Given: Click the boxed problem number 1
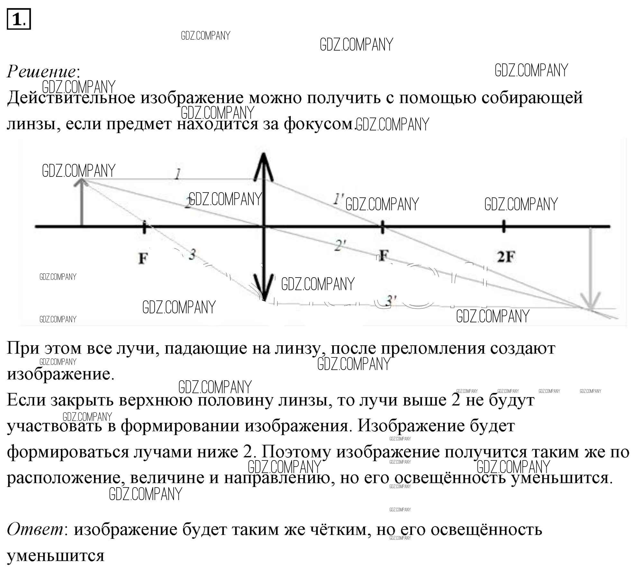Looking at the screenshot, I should tap(18, 19).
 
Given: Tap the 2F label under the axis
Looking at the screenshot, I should tap(505, 257).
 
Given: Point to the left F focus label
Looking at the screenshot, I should tap(143, 258).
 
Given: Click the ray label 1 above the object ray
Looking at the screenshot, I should tap(177, 174).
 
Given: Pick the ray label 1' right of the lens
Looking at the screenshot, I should tap(338, 199).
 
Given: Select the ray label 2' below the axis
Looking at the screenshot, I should tap(340, 246).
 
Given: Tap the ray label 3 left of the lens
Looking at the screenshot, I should tap(192, 254).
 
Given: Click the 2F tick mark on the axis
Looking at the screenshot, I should tap(504, 226).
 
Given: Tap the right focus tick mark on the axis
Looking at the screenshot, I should tap(382, 227).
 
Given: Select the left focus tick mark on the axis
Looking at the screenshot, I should tap(144, 227).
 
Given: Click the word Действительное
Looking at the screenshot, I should tap(71, 98).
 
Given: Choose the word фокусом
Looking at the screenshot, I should tap(318, 124).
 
